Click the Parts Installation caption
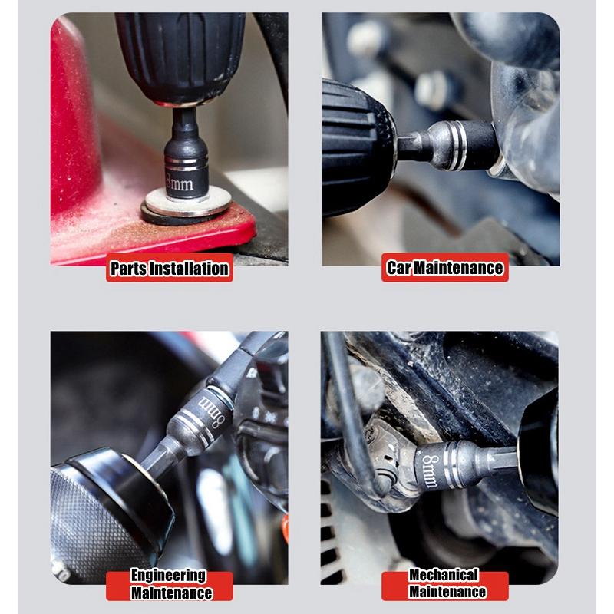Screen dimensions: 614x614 169,269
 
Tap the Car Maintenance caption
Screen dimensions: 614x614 445,268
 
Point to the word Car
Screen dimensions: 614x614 398,268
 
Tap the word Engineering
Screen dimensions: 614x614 168,576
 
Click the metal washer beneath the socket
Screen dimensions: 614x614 187,206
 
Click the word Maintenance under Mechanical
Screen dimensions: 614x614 447,593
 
